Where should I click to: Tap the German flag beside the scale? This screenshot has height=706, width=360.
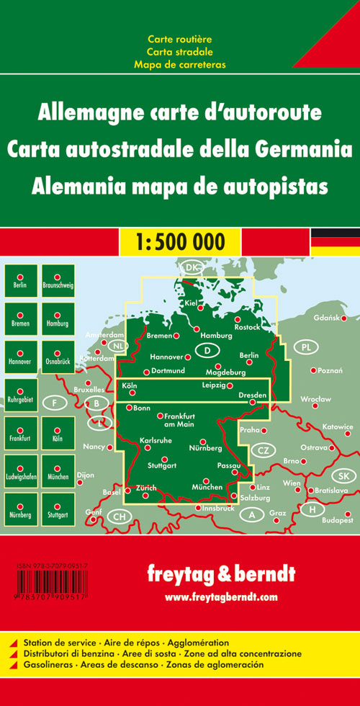click(335, 241)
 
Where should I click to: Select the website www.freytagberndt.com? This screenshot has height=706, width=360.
click(220, 597)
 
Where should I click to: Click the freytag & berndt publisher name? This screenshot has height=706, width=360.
click(220, 574)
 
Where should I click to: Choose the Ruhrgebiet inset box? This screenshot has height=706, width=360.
click(20, 396)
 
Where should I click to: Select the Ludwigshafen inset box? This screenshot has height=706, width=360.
click(20, 471)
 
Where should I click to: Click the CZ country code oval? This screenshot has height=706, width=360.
click(263, 451)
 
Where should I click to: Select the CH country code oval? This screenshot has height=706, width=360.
click(120, 517)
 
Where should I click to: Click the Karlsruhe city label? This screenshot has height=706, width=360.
click(156, 439)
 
